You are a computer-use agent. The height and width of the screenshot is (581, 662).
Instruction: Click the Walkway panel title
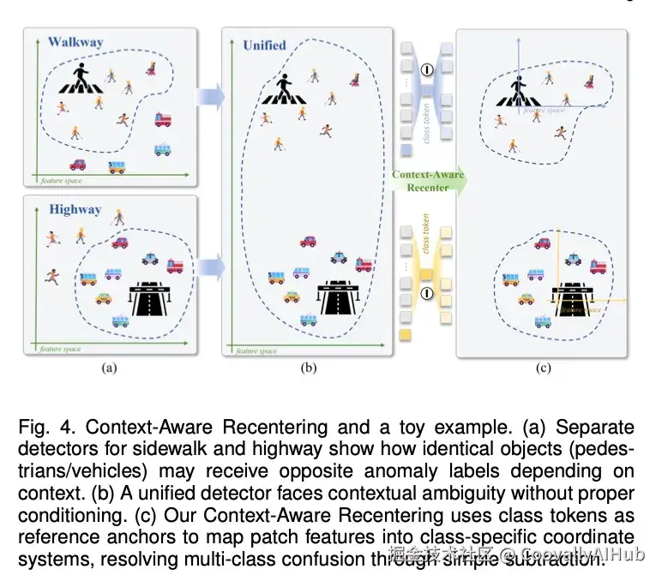click(x=75, y=41)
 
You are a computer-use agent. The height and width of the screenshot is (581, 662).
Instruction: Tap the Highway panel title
click(x=75, y=209)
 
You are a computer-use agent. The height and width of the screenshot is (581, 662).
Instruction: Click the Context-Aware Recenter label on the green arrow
click(x=427, y=181)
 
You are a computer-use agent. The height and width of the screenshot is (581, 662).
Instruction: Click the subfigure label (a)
click(x=109, y=368)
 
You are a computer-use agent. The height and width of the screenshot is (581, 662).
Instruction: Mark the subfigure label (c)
click(x=542, y=368)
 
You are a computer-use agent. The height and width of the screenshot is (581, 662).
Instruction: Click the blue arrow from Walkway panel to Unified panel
click(x=208, y=95)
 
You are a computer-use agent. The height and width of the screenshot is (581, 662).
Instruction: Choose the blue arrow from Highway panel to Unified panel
click(x=208, y=267)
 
